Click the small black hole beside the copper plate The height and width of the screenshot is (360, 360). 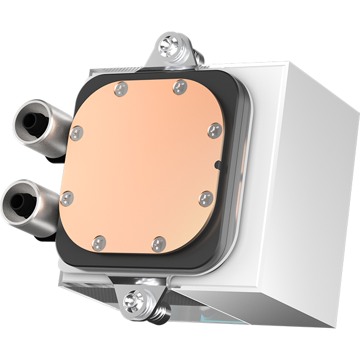point(218,165)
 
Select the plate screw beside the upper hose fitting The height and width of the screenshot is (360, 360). point(77,133)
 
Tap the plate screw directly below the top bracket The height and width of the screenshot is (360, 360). point(180,86)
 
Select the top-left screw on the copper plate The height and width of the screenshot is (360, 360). point(120,89)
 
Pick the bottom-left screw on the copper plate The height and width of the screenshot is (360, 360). point(99,243)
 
